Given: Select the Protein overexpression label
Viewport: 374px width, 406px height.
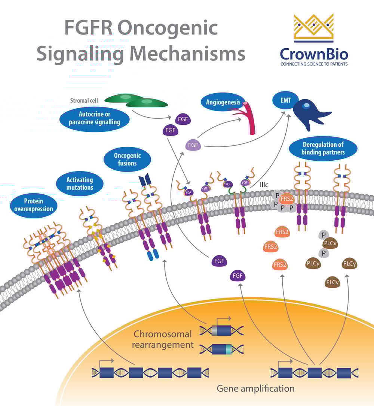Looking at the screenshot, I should click(x=34, y=205).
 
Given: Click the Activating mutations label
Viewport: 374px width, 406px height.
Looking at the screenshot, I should click(x=79, y=184).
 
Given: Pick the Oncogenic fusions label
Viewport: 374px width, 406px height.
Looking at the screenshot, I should click(x=127, y=159).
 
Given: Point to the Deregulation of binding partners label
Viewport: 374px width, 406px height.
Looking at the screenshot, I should click(x=323, y=148).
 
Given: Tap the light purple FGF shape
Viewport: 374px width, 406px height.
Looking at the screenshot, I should click(x=193, y=145).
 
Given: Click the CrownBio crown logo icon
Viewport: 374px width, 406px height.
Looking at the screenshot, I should click(x=313, y=27).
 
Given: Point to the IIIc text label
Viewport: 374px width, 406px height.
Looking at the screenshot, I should click(x=264, y=185).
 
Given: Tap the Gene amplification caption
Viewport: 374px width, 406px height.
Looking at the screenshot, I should click(x=255, y=388).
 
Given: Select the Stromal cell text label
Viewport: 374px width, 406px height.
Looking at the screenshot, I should click(x=85, y=100).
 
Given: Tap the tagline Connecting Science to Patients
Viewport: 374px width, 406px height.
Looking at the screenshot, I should click(x=314, y=64).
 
